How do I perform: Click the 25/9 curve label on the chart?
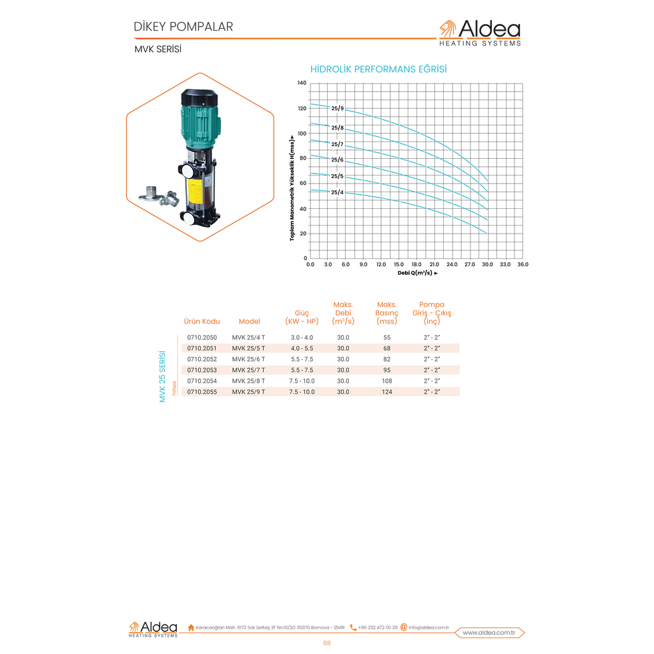[338, 108]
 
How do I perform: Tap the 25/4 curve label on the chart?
[338, 192]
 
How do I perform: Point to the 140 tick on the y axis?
[302, 83]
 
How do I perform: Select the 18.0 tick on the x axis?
[416, 264]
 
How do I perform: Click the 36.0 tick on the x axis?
[523, 264]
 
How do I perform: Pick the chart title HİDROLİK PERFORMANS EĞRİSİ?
[378, 69]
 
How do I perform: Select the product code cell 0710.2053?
[202, 370]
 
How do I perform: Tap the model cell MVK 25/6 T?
[248, 359]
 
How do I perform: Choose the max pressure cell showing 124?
[386, 392]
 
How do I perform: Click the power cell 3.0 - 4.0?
[302, 338]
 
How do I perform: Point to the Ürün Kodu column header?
[202, 321]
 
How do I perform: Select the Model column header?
[250, 321]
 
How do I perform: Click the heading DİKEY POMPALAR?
[183, 27]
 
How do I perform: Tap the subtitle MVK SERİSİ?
[157, 49]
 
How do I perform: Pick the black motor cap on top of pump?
[200, 97]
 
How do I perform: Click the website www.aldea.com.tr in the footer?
[488, 633]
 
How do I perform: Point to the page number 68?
[327, 643]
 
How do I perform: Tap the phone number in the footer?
[378, 627]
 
